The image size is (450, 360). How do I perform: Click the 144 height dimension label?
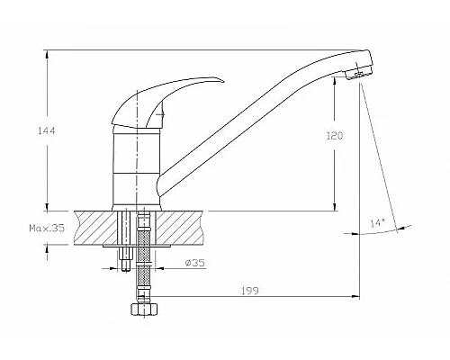pos(47,130)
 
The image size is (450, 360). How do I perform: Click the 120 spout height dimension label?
pos(335,136)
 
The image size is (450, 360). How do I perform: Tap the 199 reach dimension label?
pos(250,291)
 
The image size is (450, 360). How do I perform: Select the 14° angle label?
pos(378,223)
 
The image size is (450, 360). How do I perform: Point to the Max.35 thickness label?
pos(47,228)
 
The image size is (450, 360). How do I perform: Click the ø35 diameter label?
pos(195,263)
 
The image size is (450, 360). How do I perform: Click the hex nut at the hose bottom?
pos(144,309)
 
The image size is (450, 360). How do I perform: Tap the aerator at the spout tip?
pos(358,74)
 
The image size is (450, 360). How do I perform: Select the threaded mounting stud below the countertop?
pos(126,259)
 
